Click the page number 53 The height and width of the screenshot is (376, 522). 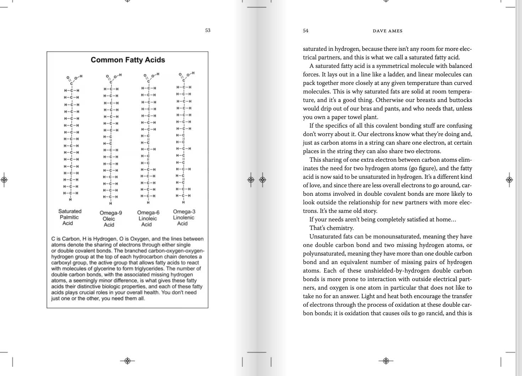208,30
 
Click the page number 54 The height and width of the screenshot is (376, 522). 306,31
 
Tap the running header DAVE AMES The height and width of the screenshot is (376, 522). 387,31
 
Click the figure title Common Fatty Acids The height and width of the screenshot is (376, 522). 128,60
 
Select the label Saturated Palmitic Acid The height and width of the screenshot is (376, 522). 70,217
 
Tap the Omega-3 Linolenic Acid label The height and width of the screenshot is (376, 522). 184,217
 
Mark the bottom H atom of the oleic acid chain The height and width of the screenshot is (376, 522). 110,204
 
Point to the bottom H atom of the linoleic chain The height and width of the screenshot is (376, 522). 148,203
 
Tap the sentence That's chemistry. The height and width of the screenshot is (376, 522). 331,228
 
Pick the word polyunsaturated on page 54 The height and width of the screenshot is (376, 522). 324,253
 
